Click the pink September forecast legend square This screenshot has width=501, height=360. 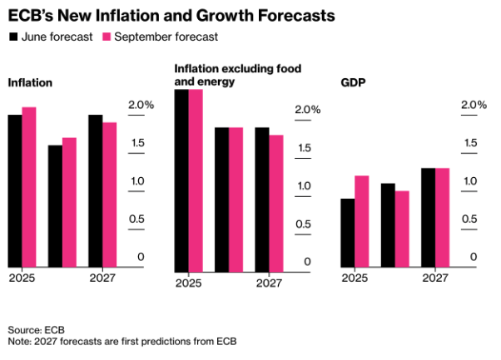coord(106,37)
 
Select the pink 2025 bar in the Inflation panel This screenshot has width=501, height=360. coord(29,186)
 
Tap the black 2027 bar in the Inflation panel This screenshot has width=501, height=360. coord(95,190)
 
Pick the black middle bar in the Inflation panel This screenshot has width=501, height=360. coord(55,205)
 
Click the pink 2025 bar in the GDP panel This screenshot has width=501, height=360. coord(362,221)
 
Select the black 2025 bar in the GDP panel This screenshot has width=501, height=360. coord(348,233)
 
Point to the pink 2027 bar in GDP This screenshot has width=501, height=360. coord(443,217)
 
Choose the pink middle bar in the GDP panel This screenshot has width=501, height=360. coord(402,229)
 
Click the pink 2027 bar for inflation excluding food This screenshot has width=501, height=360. coord(276,203)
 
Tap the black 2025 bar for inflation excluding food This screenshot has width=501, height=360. coord(181,180)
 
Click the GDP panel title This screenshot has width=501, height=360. coord(354,84)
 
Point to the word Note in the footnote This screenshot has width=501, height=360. coord(19,340)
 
